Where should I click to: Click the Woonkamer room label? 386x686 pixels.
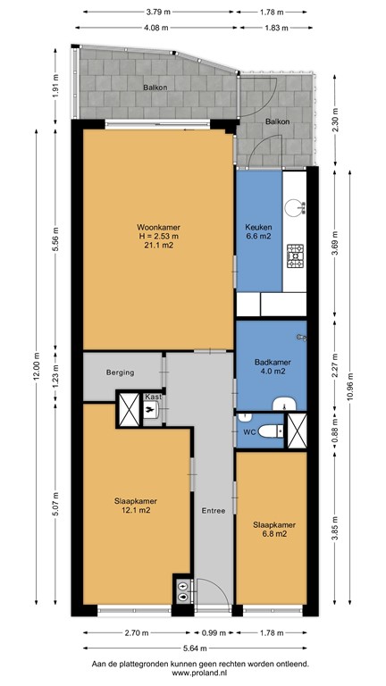point(155,226)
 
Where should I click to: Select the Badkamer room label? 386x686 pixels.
point(269,362)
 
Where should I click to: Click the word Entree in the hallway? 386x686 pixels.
point(213,511)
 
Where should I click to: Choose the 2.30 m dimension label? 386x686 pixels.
point(335,120)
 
